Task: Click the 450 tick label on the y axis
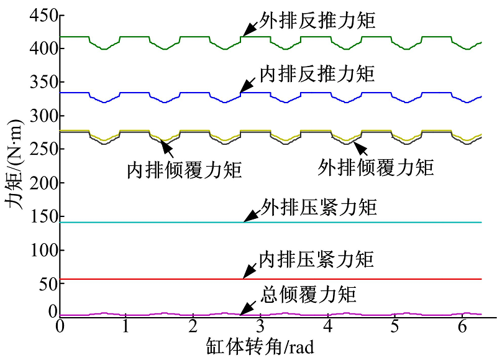(x=43, y=15)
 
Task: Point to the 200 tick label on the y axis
(x=43, y=183)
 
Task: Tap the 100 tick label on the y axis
(x=43, y=250)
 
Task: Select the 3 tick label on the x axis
(x=260, y=326)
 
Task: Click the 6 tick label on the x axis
(x=462, y=326)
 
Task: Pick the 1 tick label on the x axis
(x=126, y=326)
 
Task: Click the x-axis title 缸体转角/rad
(x=260, y=346)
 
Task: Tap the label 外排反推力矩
(x=317, y=21)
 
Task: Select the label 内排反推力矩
(x=317, y=74)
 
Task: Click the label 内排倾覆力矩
(x=185, y=170)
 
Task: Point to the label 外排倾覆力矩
(x=376, y=167)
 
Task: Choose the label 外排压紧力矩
(x=319, y=208)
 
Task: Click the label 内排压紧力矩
(x=317, y=259)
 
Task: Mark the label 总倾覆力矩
(x=309, y=295)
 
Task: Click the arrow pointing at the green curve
(x=250, y=29)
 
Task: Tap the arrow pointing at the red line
(x=250, y=271)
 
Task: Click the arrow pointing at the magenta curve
(x=248, y=308)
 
